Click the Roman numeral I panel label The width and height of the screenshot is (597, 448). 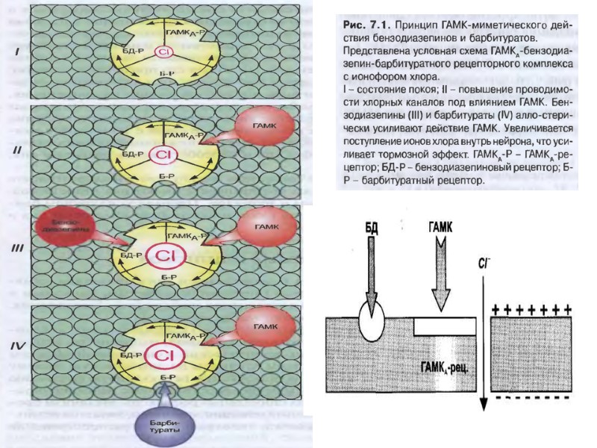click(17, 53)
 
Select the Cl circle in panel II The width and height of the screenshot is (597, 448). click(163, 155)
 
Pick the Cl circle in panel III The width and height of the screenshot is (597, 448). click(164, 255)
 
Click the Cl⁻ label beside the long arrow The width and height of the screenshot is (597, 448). click(484, 263)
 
